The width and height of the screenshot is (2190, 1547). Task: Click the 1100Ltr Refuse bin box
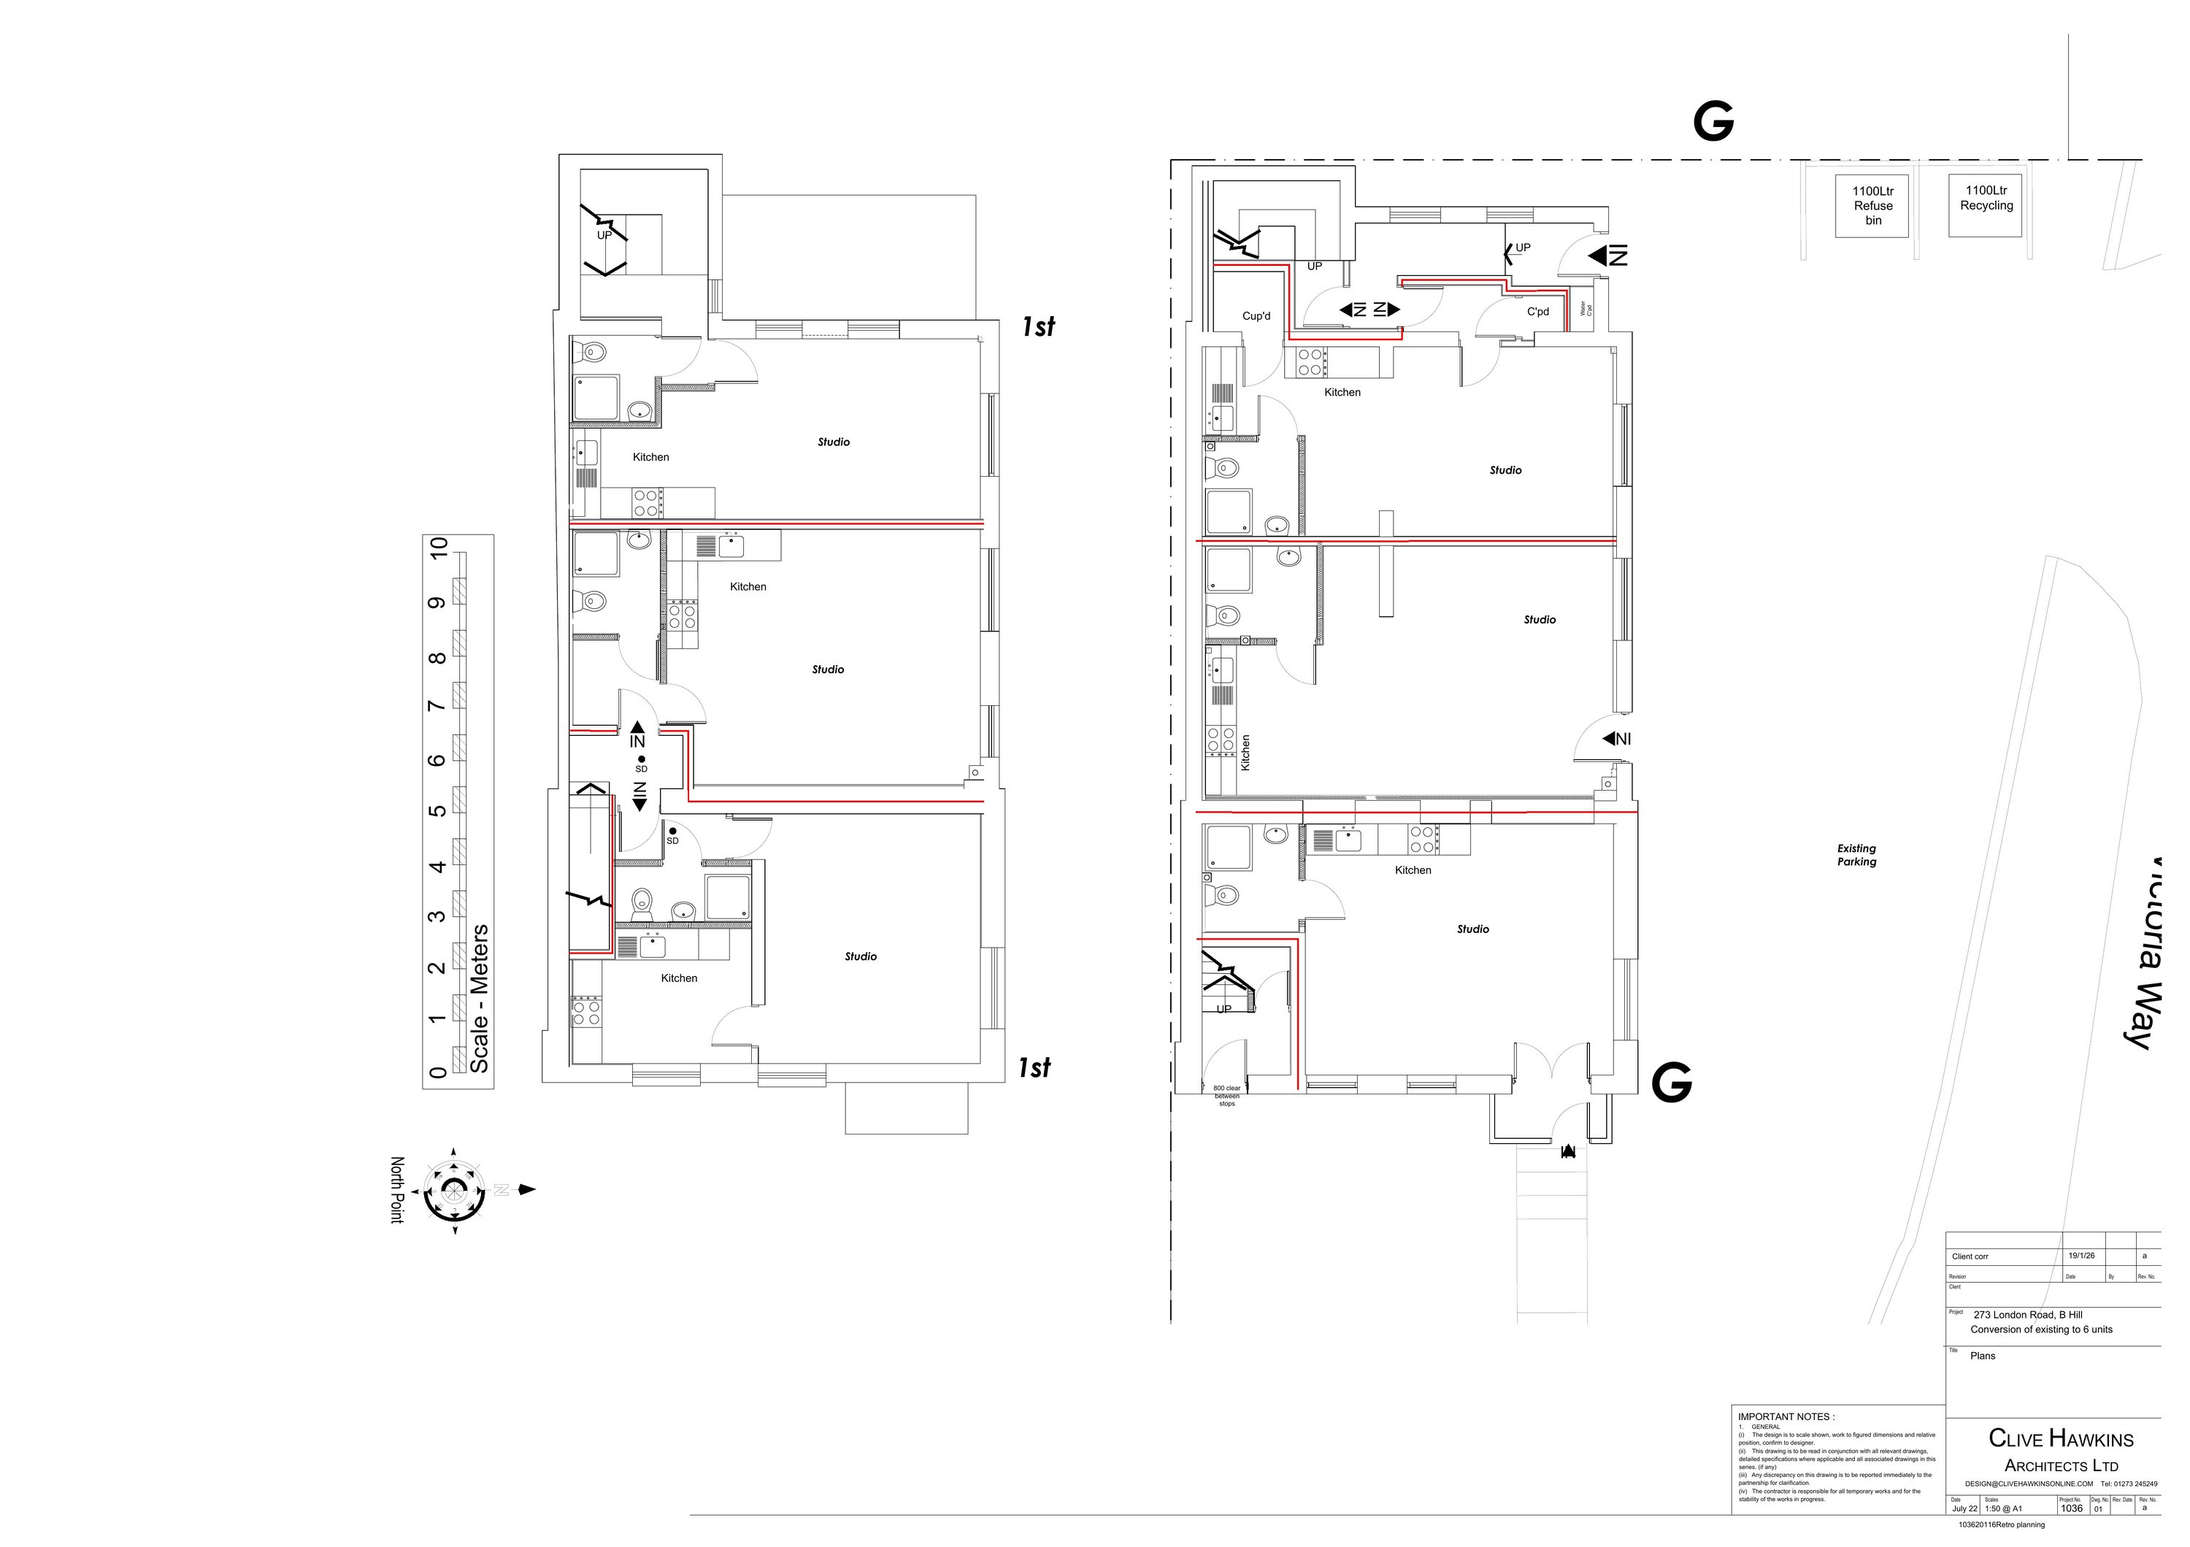1872,205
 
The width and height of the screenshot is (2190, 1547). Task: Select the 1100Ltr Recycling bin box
1986,204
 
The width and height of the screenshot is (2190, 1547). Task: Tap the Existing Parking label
1856,855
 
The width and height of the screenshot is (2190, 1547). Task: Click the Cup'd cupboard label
1256,315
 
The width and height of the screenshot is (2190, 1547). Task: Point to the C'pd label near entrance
1537,312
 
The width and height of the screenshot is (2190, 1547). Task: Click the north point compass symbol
454,1190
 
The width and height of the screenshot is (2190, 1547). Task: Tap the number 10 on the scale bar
439,548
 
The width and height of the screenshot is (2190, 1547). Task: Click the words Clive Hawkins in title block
2060,1437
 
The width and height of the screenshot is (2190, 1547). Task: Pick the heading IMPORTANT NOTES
1786,1416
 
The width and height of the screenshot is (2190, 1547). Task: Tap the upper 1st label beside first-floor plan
1038,326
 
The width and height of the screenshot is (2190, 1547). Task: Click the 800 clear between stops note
1226,1096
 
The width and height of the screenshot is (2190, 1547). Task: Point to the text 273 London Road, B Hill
2028,1314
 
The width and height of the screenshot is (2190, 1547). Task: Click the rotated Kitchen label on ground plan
1245,753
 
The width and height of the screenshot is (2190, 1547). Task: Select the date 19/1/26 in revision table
2081,1256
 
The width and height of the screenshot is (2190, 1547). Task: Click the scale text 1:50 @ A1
2003,1508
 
